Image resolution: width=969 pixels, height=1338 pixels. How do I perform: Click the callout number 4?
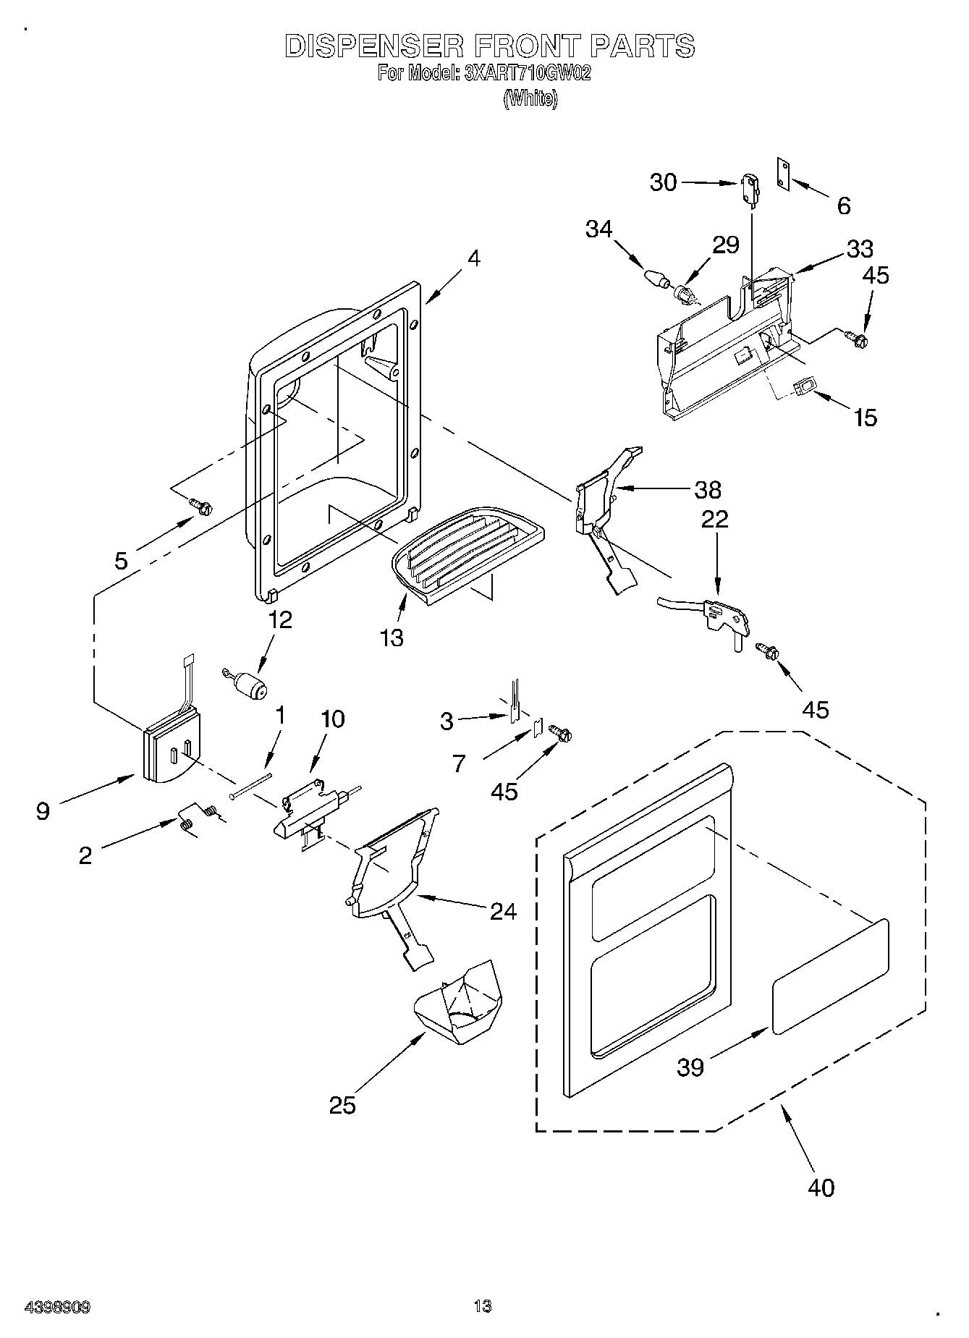[x=473, y=258]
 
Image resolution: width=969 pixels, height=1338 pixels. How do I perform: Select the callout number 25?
[x=342, y=1106]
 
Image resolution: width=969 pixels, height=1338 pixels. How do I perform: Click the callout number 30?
[x=663, y=182]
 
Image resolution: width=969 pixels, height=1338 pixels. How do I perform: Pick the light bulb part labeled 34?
[x=655, y=278]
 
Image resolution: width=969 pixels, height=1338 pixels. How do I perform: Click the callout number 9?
[x=43, y=812]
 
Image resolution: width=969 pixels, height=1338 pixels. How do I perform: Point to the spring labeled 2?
[x=195, y=817]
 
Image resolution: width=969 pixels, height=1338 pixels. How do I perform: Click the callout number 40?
[x=820, y=1187]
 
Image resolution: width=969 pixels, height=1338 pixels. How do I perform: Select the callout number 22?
[x=714, y=519]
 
